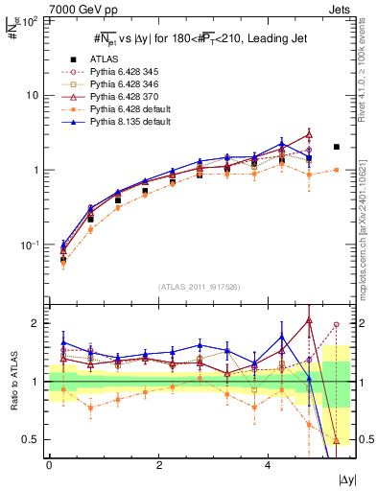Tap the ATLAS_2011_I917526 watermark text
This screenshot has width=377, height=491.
pyautogui.click(x=199, y=287)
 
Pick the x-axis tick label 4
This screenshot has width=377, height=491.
pyautogui.click(x=267, y=464)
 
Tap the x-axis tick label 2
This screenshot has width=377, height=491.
pyautogui.click(x=158, y=464)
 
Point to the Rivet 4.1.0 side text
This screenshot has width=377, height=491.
pyautogui.click(x=367, y=67)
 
